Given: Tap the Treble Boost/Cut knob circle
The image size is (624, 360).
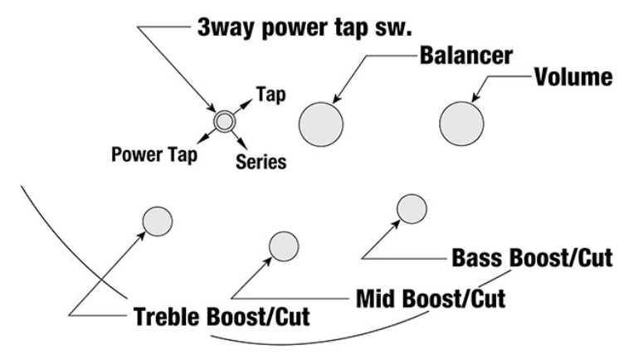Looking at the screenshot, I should point(157,221).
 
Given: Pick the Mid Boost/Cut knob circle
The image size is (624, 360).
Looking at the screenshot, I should point(284,246).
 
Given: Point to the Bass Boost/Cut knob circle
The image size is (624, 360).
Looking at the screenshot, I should point(412,209).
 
